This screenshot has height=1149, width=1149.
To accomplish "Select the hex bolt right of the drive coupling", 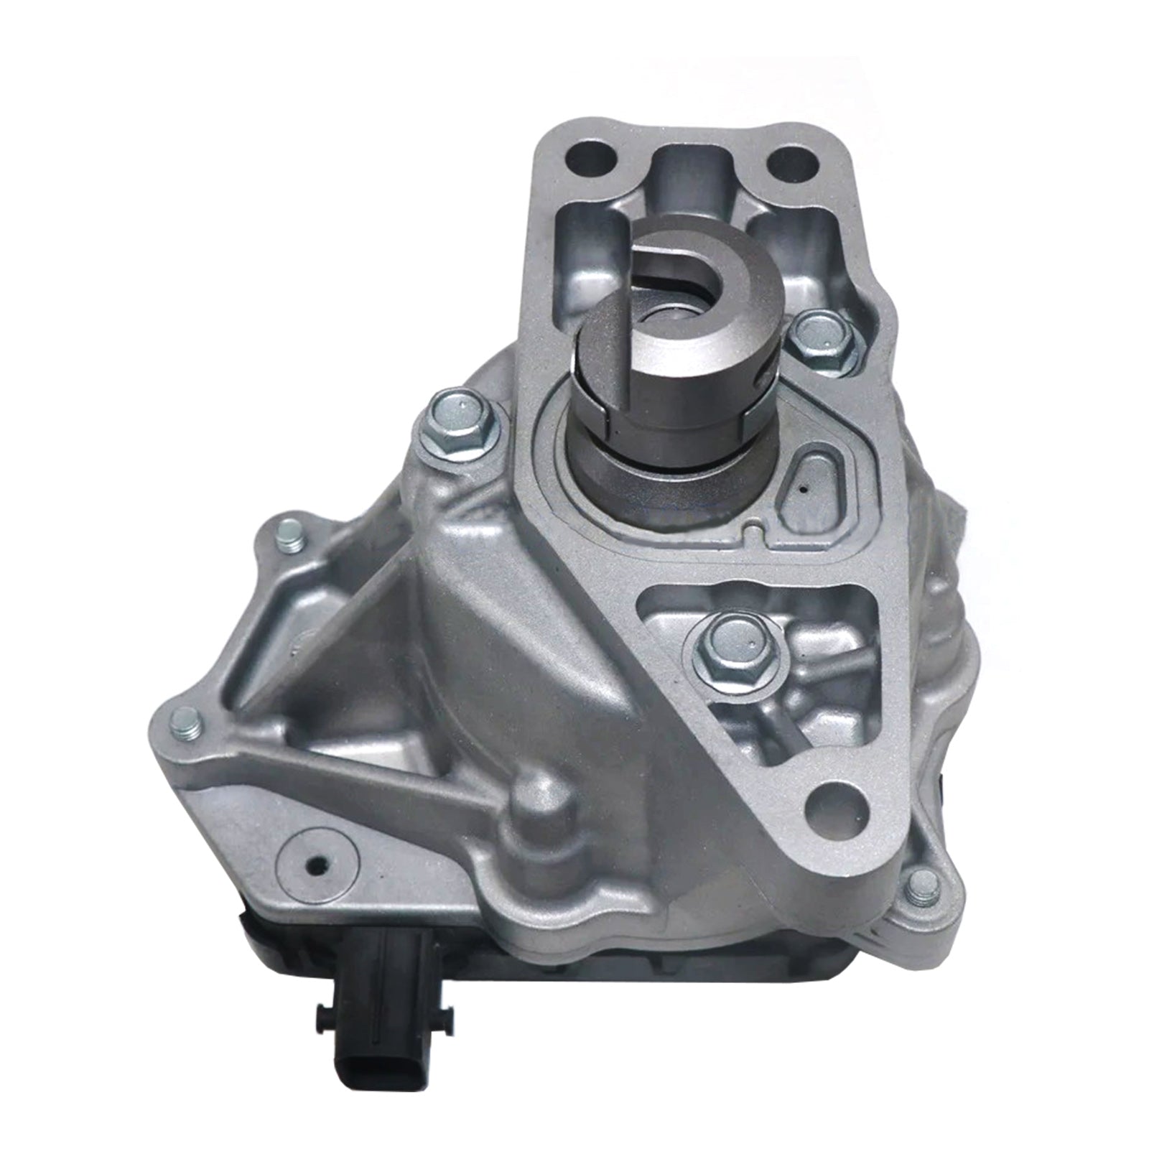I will pyautogui.click(x=817, y=338).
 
